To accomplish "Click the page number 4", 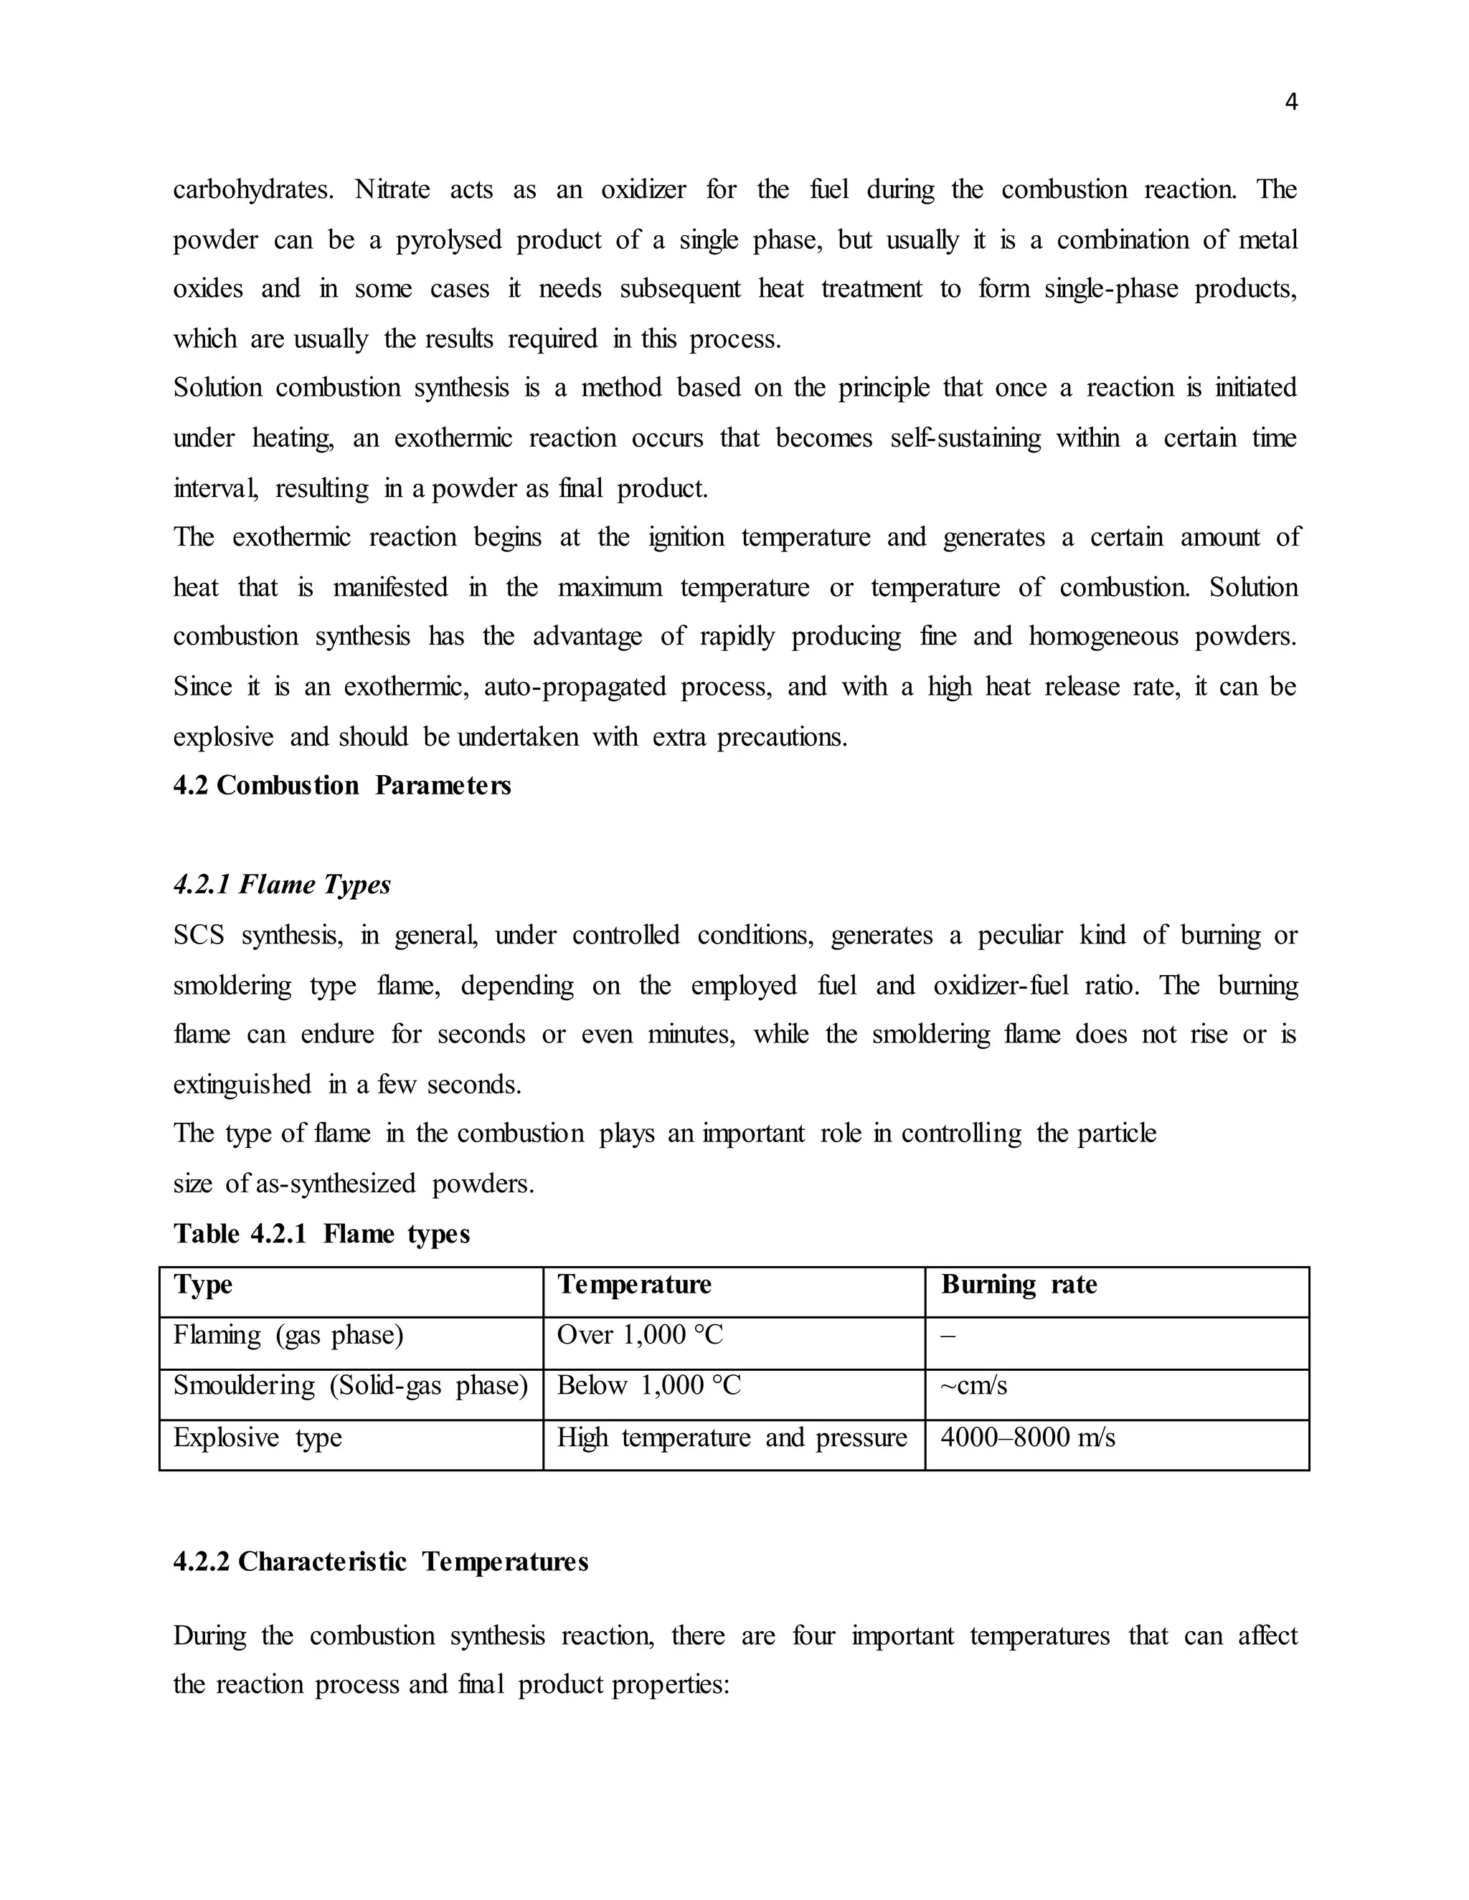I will click(1290, 103).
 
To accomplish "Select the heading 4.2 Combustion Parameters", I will click(342, 786).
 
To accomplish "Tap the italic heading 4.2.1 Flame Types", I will click(282, 885).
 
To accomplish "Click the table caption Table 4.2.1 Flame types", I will click(321, 1234).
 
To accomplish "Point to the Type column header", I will click(203, 1285).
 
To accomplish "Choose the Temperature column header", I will click(633, 1285).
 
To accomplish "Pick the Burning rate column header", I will click(1019, 1285).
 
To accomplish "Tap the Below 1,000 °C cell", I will click(648, 1385).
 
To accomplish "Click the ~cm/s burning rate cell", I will click(974, 1385).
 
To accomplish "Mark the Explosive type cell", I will click(257, 1437).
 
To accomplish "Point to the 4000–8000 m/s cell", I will click(1027, 1437).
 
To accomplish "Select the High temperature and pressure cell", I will click(731, 1437).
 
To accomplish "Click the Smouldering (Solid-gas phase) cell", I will click(350, 1385).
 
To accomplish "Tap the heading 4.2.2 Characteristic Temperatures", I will click(380, 1562).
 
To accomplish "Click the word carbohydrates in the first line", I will click(252, 190).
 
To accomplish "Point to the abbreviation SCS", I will click(199, 935).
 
